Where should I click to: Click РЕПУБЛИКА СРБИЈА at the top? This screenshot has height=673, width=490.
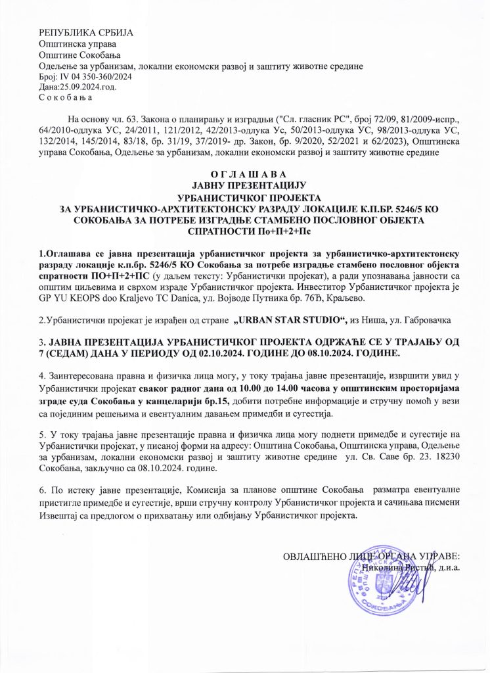pos(74,33)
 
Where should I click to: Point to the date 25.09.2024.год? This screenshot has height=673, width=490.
pos(79,87)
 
